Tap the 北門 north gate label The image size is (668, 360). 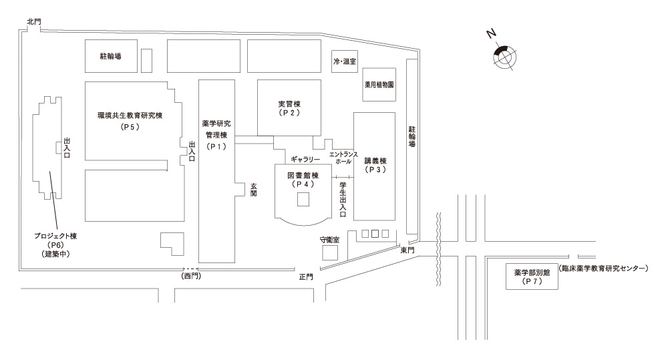34,21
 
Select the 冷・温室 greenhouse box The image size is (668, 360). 345,61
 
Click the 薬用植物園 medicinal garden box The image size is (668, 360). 379,85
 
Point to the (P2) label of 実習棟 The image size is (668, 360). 290,114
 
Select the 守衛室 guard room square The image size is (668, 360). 330,252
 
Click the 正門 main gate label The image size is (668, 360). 306,276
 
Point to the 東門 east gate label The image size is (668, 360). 407,250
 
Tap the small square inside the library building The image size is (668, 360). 303,200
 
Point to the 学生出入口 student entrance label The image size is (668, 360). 343,198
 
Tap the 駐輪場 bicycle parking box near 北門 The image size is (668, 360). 111,57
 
